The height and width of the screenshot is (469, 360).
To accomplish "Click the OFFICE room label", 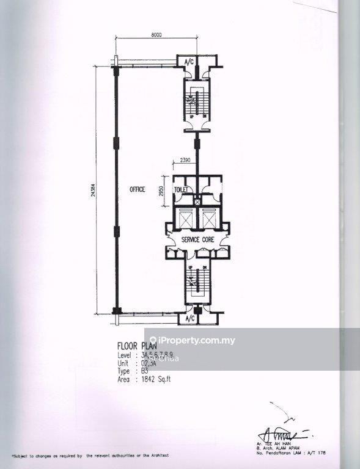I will coord(136,190).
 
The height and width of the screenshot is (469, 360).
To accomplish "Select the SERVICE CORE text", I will coord(197,240).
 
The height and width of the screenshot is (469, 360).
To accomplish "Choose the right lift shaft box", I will coord(209,218).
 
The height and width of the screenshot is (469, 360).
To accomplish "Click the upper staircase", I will coord(197,104).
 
